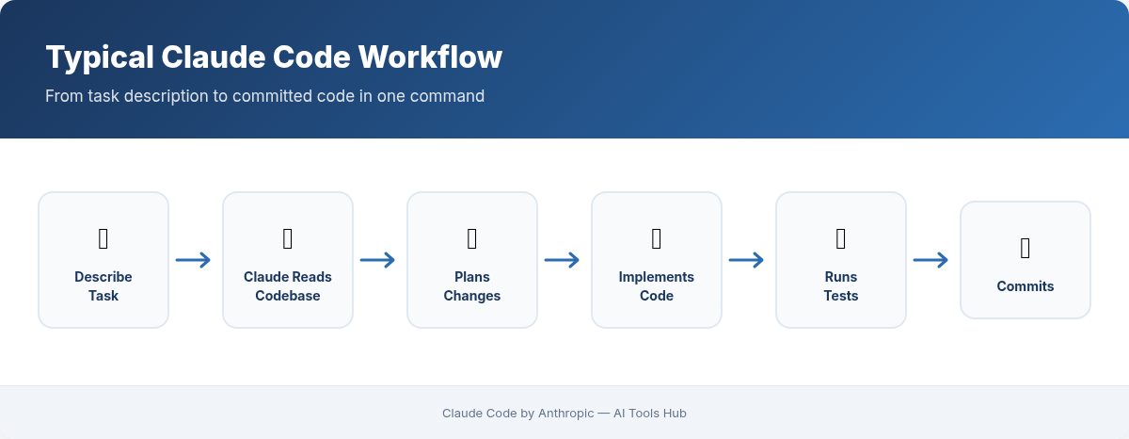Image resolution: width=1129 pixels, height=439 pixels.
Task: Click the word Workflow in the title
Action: pyautogui.click(x=430, y=57)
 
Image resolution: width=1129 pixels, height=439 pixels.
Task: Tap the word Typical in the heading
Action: pyautogui.click(x=99, y=57)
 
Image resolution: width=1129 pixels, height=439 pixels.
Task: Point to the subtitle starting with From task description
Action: pyautogui.click(x=264, y=96)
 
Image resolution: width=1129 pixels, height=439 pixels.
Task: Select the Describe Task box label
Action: pyautogui.click(x=103, y=286)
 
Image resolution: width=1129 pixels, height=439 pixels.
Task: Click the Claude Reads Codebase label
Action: pyautogui.click(x=288, y=286)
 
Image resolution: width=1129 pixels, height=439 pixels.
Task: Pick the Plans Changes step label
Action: pyautogui.click(x=472, y=286)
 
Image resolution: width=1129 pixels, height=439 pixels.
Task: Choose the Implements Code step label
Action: pyautogui.click(x=657, y=286)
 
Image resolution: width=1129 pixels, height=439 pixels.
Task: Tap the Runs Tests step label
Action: pyautogui.click(x=841, y=286)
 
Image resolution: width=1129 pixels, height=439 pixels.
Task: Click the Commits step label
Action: pyautogui.click(x=1026, y=286)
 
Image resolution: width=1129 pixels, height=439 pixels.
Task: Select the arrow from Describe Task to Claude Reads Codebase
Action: pyautogui.click(x=194, y=261)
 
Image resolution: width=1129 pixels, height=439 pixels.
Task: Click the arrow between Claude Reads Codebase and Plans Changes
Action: pyautogui.click(x=378, y=261)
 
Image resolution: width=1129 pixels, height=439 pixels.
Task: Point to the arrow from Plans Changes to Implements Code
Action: pyautogui.click(x=563, y=261)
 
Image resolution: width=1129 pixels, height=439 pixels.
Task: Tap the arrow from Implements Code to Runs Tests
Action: pyautogui.click(x=747, y=261)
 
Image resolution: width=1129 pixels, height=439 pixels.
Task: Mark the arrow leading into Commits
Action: pyautogui.click(x=931, y=261)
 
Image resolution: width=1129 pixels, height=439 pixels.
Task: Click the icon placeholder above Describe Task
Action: pyautogui.click(x=103, y=239)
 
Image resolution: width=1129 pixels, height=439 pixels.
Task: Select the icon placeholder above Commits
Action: pyautogui.click(x=1026, y=249)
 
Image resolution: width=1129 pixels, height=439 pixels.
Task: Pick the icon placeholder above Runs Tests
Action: pyautogui.click(x=841, y=239)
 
